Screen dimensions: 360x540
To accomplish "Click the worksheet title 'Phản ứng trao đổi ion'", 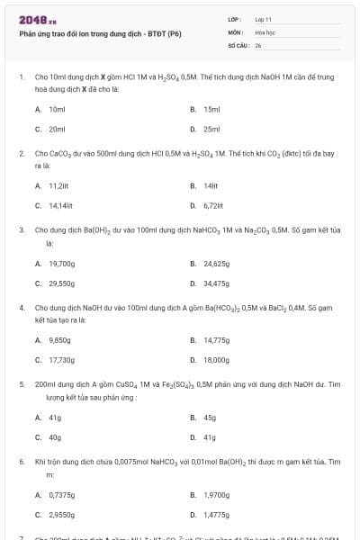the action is pyautogui.click(x=100, y=33).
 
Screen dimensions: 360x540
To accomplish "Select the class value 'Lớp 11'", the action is pyautogui.click(x=264, y=19).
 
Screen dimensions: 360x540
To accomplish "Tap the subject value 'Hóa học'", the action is pyautogui.click(x=265, y=31).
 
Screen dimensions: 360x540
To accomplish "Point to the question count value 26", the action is pyautogui.click(x=258, y=44).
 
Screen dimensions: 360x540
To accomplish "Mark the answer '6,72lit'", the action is pyautogui.click(x=213, y=205).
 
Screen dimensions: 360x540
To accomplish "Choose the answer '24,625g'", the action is pyautogui.click(x=216, y=264).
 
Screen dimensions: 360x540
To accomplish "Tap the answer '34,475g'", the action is pyautogui.click(x=216, y=283).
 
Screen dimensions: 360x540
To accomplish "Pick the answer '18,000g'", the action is pyautogui.click(x=216, y=360).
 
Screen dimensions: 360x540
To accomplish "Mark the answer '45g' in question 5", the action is pyautogui.click(x=210, y=418).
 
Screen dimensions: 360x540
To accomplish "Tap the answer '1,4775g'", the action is pyautogui.click(x=217, y=515).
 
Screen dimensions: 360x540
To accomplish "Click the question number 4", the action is pyautogui.click(x=22, y=308).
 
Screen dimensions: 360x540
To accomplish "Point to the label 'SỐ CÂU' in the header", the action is pyautogui.click(x=238, y=44).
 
